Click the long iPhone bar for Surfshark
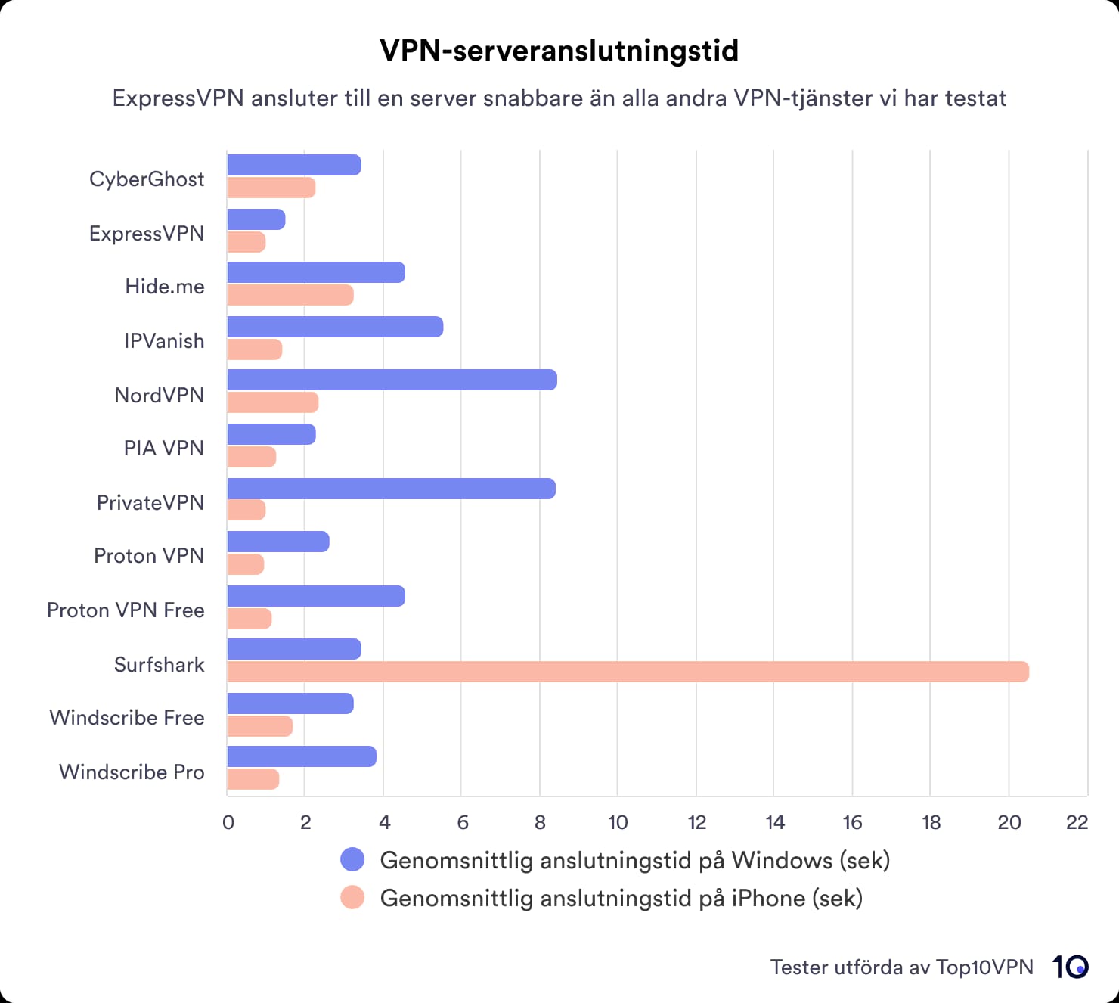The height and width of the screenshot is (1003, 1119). point(628,672)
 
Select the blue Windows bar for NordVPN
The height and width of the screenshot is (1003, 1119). point(392,380)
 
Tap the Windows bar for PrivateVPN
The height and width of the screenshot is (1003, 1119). point(391,489)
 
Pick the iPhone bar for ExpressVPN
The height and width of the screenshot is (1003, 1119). point(246,242)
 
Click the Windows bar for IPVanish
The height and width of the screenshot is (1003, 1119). point(335,327)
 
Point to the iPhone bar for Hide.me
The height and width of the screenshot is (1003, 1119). point(290,295)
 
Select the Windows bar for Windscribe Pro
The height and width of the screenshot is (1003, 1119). point(302,756)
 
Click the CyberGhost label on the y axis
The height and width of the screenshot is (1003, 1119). point(147,179)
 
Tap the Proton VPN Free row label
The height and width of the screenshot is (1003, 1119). point(126,610)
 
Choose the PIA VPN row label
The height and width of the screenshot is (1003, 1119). point(164,449)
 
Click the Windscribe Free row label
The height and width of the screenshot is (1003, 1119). point(127,718)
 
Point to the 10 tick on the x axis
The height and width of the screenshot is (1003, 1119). point(618,823)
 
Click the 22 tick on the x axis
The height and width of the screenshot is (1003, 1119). point(1077,823)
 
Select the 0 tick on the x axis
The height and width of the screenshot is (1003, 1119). point(228,823)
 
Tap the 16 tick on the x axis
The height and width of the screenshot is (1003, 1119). point(852,823)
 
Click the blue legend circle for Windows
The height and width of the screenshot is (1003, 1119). point(352,860)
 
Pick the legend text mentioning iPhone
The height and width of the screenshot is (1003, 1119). point(621,899)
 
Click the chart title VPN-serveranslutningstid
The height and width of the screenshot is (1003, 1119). point(559,51)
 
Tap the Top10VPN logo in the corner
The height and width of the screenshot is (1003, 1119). point(1070,967)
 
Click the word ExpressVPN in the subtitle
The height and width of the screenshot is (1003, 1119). point(178,98)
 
